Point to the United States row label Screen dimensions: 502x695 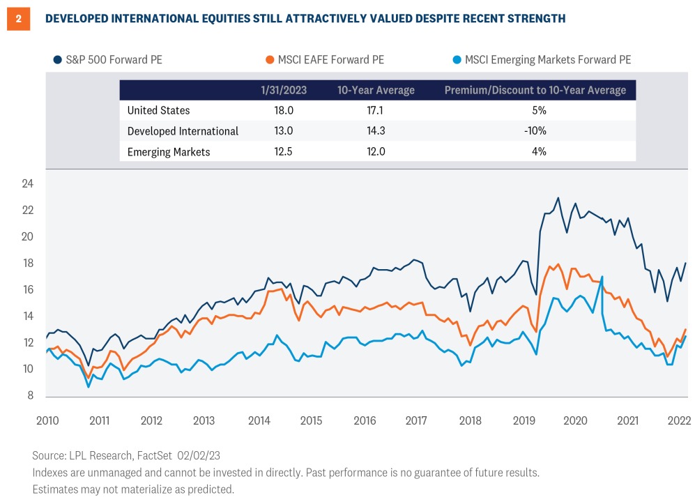point(158,110)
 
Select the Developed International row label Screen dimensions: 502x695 point(183,131)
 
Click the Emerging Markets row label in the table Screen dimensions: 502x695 point(169,151)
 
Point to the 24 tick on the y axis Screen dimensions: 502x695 point(28,184)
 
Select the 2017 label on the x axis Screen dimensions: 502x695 point(415,421)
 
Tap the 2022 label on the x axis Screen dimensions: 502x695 point(679,421)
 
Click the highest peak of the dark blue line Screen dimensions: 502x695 point(558,198)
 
